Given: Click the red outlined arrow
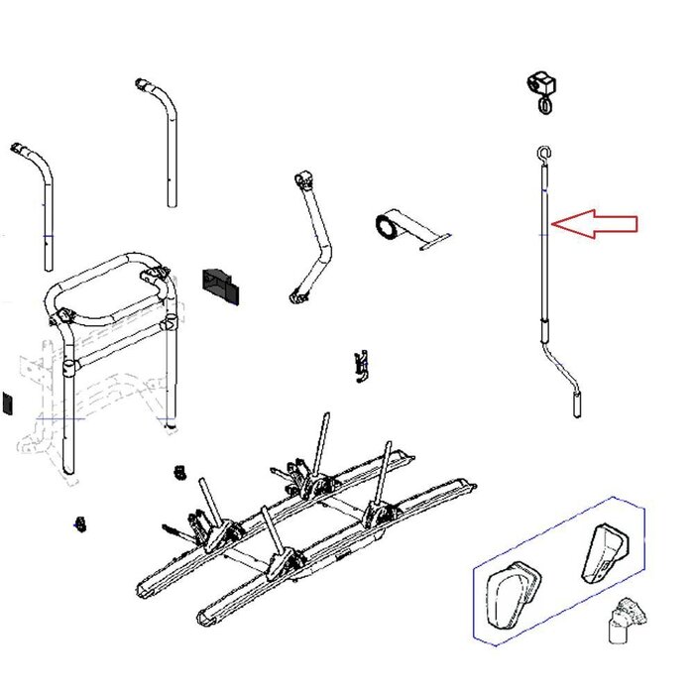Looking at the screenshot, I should [x=595, y=225].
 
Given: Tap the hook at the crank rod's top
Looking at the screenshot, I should [x=542, y=154].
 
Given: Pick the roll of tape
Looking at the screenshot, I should [x=386, y=227].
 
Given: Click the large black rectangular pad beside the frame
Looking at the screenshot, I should [x=219, y=284].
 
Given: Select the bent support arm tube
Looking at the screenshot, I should [x=316, y=243].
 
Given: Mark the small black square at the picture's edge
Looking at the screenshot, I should [x=4, y=403].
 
